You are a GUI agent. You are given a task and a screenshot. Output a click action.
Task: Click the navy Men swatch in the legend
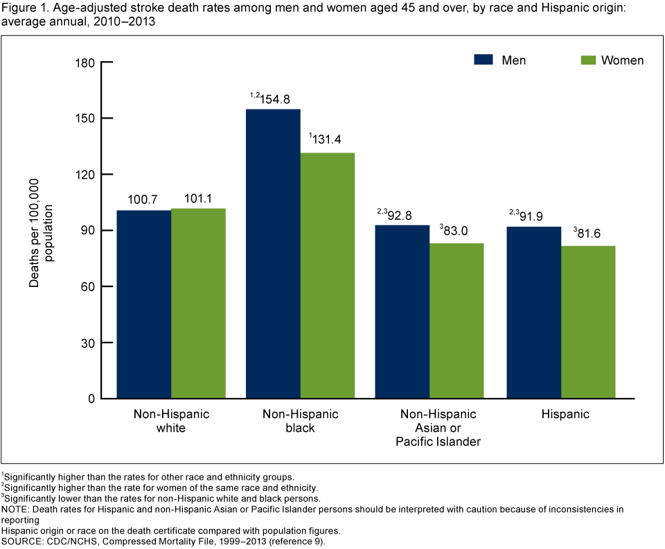point(483,60)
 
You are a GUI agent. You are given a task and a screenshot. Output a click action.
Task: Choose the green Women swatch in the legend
point(588,60)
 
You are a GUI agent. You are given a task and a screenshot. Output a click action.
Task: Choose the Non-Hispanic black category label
point(300,421)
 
